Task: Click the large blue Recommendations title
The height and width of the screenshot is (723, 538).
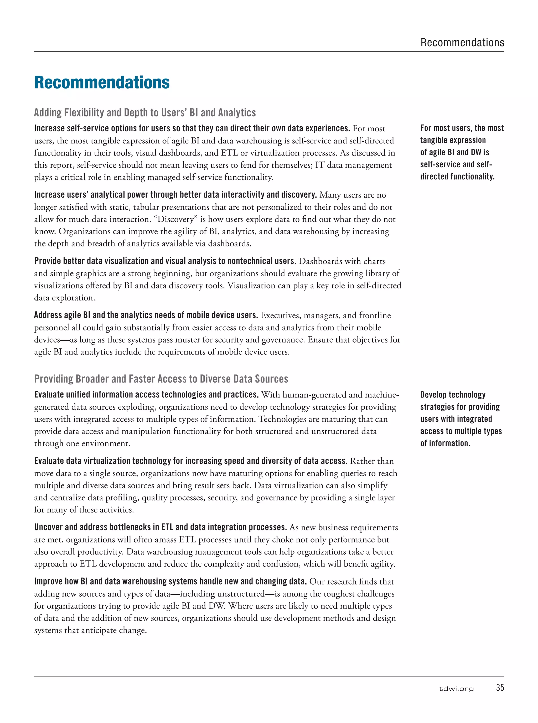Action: point(102,82)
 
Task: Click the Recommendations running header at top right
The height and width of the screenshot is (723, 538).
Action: point(462,43)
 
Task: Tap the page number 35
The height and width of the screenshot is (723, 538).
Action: point(500,688)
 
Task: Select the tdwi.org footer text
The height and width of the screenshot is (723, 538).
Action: point(456,689)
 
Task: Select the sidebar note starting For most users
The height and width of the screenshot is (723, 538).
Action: point(462,152)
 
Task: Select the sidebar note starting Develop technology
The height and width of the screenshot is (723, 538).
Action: point(461,419)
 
